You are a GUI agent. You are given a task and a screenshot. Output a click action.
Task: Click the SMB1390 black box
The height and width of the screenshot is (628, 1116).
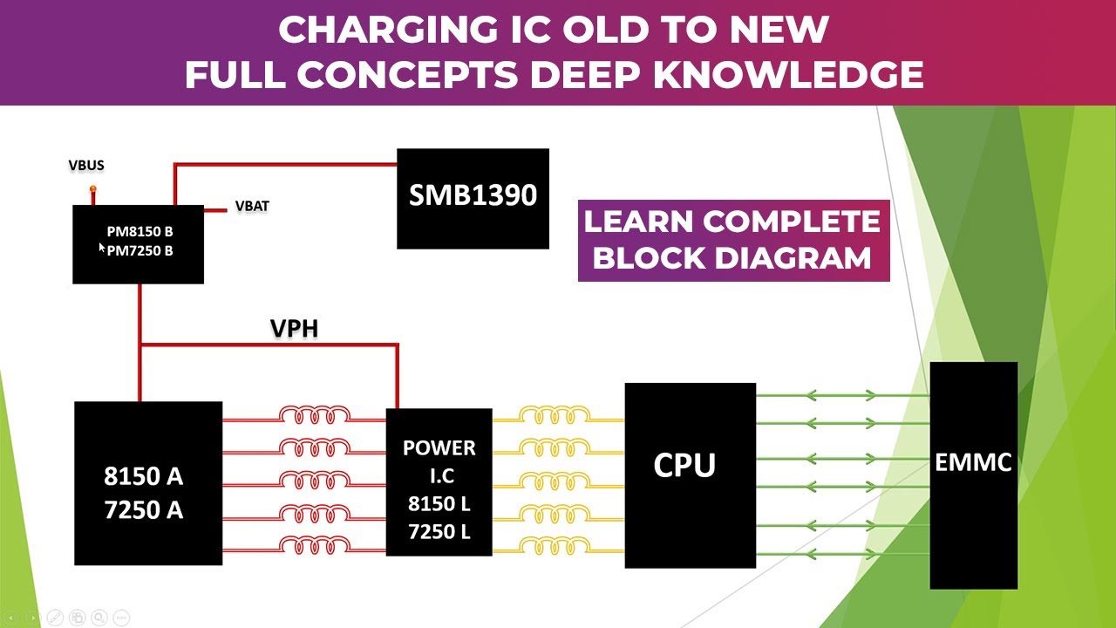473,198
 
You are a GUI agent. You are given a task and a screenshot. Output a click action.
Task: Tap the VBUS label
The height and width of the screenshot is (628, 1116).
86,166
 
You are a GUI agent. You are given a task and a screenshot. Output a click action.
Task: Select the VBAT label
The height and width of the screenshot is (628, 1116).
252,207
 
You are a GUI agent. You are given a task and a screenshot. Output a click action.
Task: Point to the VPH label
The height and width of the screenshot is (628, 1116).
294,329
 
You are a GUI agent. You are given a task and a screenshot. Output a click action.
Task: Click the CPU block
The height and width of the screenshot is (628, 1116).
690,474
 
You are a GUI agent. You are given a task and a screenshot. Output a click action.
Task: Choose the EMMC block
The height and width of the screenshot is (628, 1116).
973,474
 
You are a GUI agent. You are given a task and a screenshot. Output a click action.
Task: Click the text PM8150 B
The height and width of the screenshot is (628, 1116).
139,232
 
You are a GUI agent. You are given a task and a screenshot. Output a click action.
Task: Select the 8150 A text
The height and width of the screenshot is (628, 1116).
143,476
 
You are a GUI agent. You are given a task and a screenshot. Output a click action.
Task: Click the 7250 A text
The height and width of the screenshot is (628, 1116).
143,510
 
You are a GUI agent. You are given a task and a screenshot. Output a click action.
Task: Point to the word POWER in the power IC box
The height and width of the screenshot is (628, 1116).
439,448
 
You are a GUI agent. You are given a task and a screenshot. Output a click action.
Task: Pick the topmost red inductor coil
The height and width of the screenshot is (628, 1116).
315,415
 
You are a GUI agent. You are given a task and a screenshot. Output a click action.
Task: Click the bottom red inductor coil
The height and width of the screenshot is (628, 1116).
315,545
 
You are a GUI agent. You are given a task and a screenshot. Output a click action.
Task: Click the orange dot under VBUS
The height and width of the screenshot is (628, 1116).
92,189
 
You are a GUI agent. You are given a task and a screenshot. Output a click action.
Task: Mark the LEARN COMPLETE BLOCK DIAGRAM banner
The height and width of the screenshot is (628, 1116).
733,240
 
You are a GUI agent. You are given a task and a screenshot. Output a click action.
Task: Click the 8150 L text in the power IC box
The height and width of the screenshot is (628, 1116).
439,504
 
